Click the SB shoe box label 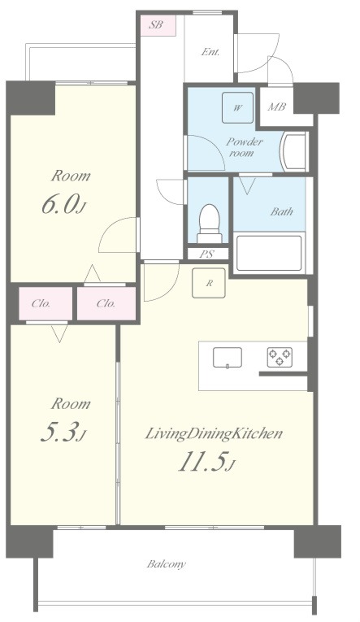click(x=156, y=24)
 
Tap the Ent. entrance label click(x=210, y=52)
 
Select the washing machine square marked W click(x=237, y=108)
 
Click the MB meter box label click(x=277, y=107)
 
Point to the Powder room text click(x=245, y=147)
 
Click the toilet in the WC click(x=210, y=223)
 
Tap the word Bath click(x=282, y=211)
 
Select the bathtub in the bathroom click(x=269, y=253)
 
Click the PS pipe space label click(x=206, y=254)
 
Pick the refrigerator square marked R click(x=209, y=283)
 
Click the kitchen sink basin click(x=228, y=358)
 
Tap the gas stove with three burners click(x=280, y=357)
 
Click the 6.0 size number click(x=63, y=206)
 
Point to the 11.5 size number click(x=206, y=462)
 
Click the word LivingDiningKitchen click(x=214, y=433)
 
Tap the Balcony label click(x=166, y=564)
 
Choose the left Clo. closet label click(x=41, y=304)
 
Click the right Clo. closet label click(x=106, y=304)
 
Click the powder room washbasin click(x=294, y=152)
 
